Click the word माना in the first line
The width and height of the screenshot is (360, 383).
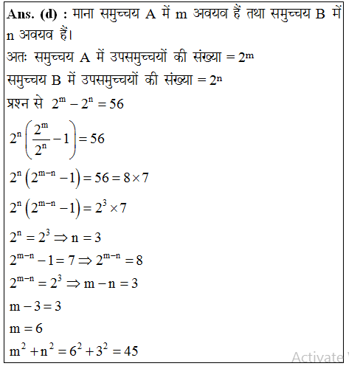[89, 16]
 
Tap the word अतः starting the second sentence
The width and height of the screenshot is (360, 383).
[18, 58]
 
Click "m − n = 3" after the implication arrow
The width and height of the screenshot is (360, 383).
[110, 282]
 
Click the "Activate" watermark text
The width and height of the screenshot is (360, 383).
[317, 357]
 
